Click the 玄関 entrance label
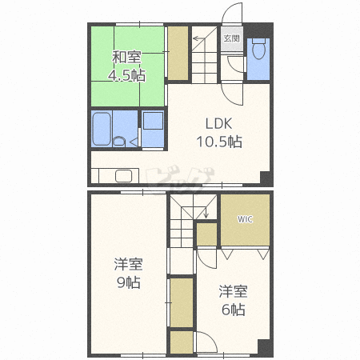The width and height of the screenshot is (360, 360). (231, 38)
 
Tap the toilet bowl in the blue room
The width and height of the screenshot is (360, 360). (258, 49)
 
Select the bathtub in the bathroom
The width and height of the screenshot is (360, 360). (102, 129)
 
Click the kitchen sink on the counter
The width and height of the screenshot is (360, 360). (123, 176)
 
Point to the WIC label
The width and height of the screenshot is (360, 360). (245, 219)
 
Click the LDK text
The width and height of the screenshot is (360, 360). (218, 124)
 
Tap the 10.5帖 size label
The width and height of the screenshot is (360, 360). (219, 142)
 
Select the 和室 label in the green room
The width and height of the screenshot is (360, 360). (126, 57)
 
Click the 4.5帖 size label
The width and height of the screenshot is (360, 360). (126, 75)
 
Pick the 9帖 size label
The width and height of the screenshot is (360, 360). (129, 282)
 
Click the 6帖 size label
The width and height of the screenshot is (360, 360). (234, 310)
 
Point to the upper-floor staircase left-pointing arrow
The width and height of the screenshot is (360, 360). (199, 38)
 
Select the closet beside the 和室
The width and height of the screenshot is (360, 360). (178, 53)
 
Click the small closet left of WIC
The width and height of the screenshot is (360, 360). (206, 234)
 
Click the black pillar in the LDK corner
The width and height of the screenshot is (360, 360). (266, 178)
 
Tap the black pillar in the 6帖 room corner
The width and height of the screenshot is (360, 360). (265, 347)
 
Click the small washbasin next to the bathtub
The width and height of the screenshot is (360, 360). (119, 141)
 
